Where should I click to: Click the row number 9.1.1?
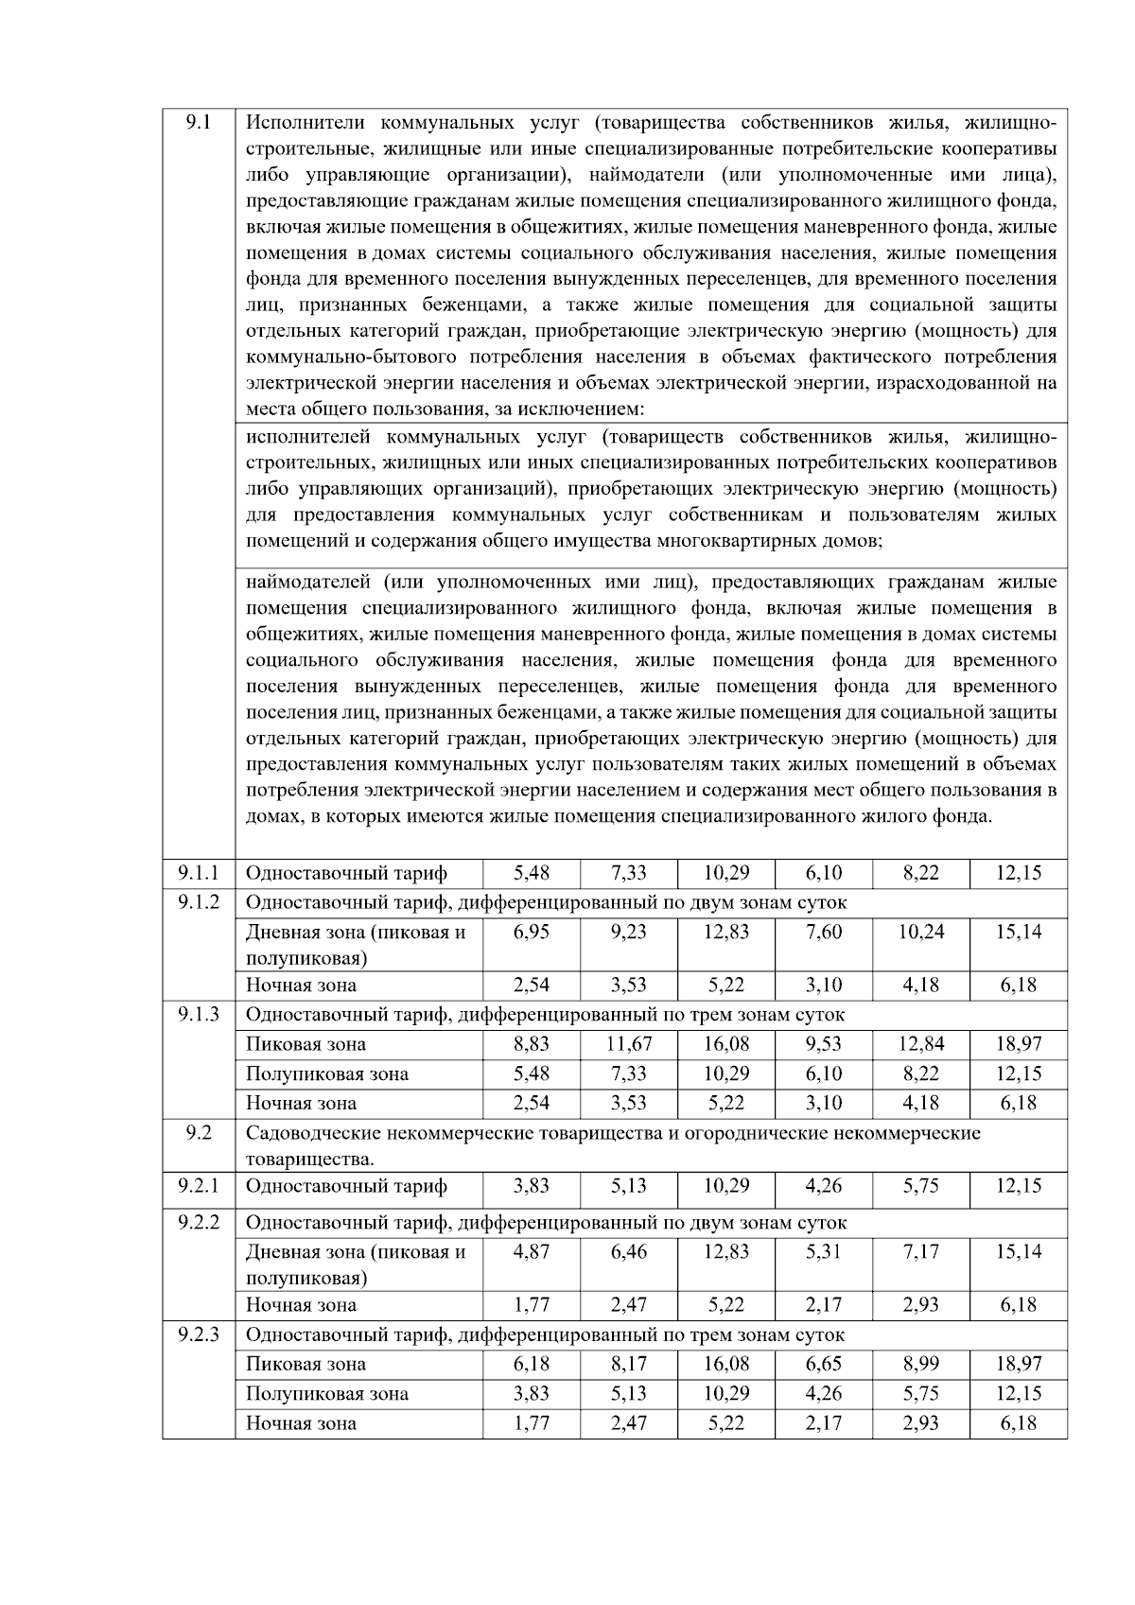tap(199, 872)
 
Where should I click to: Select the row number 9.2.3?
tap(199, 1335)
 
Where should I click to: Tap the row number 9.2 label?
tap(199, 1133)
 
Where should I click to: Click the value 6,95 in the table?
tap(532, 932)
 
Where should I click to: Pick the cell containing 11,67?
tap(629, 1044)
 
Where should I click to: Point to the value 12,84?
tap(920, 1044)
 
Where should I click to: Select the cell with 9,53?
tap(824, 1044)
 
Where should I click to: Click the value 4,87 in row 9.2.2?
tap(532, 1251)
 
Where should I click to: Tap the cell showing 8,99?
tap(920, 1364)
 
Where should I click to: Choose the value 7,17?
tap(920, 1251)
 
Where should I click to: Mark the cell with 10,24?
tap(920, 932)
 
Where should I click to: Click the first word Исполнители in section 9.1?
tap(306, 123)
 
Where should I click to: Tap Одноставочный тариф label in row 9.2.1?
tap(346, 1186)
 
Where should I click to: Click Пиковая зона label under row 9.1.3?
tap(306, 1044)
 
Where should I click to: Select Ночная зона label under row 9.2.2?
tap(301, 1305)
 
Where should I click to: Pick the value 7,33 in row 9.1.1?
tap(629, 873)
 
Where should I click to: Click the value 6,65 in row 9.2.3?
tap(824, 1364)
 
